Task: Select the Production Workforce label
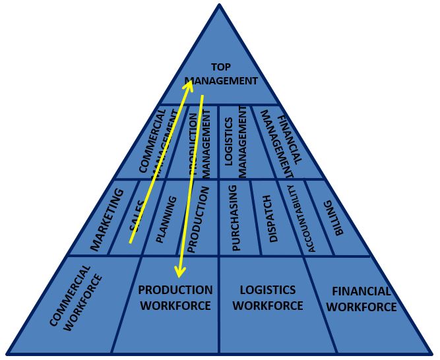(x=175, y=298)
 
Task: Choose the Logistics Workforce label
(x=268, y=298)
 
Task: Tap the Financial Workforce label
(x=361, y=299)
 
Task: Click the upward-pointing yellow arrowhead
(x=189, y=82)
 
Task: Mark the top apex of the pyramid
(x=220, y=5)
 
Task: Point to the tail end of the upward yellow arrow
(x=131, y=242)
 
